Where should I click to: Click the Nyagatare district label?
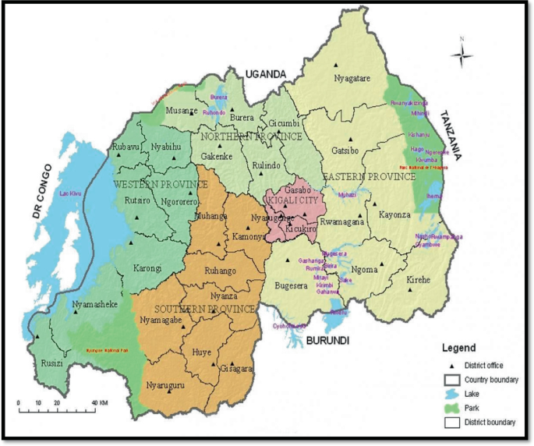coord(352,78)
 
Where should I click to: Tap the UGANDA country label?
coord(267,73)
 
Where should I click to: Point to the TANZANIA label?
coord(454,133)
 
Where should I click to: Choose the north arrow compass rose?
coord(462,53)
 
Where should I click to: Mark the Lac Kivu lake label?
coord(69,193)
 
